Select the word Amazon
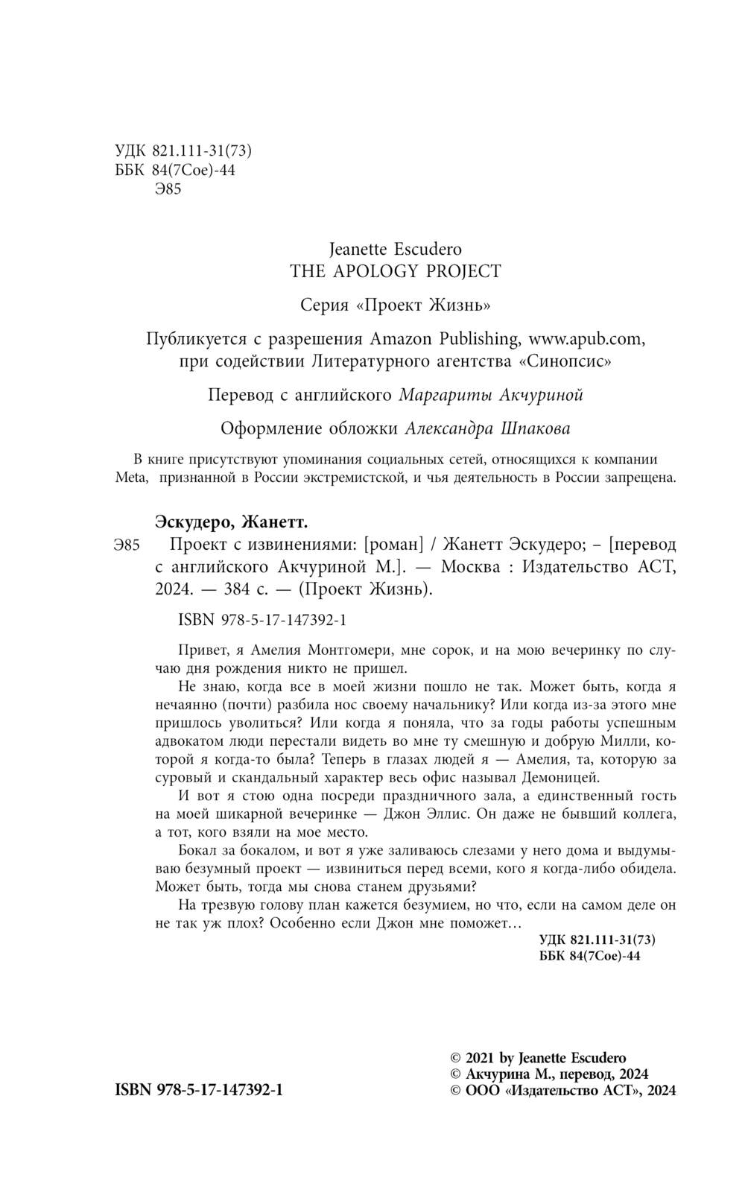(x=399, y=339)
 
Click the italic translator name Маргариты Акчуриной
(x=491, y=395)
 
